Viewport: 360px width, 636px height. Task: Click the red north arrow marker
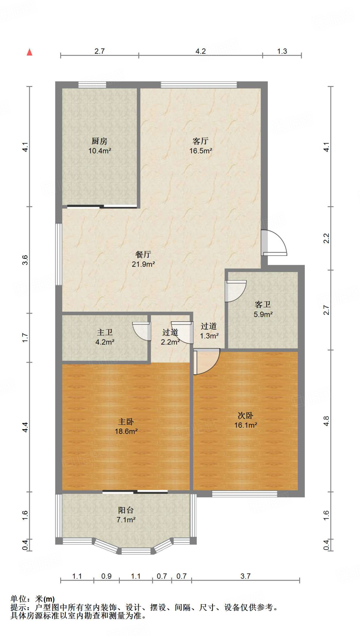pos(29,52)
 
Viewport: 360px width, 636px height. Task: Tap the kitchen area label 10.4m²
pos(100,151)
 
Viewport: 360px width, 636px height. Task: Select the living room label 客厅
pos(200,141)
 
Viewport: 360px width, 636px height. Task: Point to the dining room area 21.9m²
pos(143,264)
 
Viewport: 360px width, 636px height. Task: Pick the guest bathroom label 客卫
pos(263,304)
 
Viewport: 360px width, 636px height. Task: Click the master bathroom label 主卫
pos(105,333)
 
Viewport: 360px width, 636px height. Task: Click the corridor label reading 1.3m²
pos(209,336)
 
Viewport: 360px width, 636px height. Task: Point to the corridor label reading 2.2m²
pos(170,342)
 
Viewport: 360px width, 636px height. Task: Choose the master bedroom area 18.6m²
pos(126,431)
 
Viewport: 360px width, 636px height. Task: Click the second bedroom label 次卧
pos(245,416)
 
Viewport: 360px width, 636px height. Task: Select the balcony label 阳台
pos(126,510)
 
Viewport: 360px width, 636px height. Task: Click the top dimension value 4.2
pos(200,51)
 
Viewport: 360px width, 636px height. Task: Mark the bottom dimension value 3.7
pos(245,576)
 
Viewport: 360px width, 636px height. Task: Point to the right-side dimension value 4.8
pos(326,421)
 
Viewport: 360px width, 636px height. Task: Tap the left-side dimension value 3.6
pos(25,260)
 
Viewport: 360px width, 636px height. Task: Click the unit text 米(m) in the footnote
pos(45,598)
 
